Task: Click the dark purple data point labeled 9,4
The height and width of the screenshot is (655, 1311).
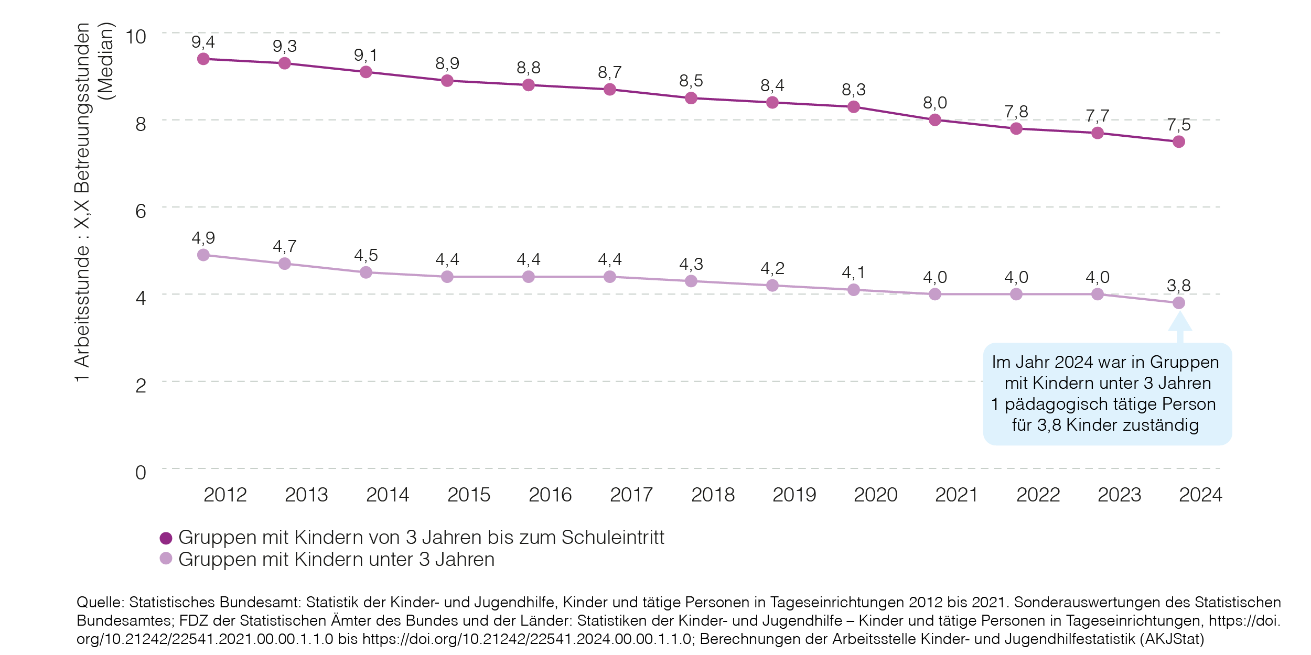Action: pyautogui.click(x=203, y=59)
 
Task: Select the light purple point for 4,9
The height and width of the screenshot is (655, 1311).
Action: pyautogui.click(x=203, y=255)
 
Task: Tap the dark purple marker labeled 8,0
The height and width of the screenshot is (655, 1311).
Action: pyautogui.click(x=935, y=120)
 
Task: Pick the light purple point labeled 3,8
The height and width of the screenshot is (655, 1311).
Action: pyautogui.click(x=1179, y=303)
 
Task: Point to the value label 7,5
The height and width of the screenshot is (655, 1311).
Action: pyautogui.click(x=1179, y=125)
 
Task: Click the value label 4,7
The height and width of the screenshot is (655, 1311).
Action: pyautogui.click(x=285, y=246)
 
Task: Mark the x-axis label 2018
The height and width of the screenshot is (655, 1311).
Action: pyautogui.click(x=713, y=495)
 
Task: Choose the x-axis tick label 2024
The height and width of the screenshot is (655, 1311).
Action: pyautogui.click(x=1200, y=495)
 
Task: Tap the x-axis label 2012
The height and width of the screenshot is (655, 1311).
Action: pyautogui.click(x=225, y=495)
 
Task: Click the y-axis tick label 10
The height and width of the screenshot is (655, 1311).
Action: pyautogui.click(x=135, y=37)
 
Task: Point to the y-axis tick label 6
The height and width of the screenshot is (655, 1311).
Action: pyautogui.click(x=141, y=211)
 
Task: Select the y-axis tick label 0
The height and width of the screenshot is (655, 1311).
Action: pyautogui.click(x=141, y=473)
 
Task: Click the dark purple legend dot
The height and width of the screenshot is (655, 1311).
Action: pyautogui.click(x=166, y=538)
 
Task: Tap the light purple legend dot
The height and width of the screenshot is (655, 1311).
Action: pyautogui.click(x=166, y=559)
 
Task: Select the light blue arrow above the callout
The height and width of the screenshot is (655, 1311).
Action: pyautogui.click(x=1180, y=325)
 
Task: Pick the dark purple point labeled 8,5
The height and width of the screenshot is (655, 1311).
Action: pyautogui.click(x=691, y=98)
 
